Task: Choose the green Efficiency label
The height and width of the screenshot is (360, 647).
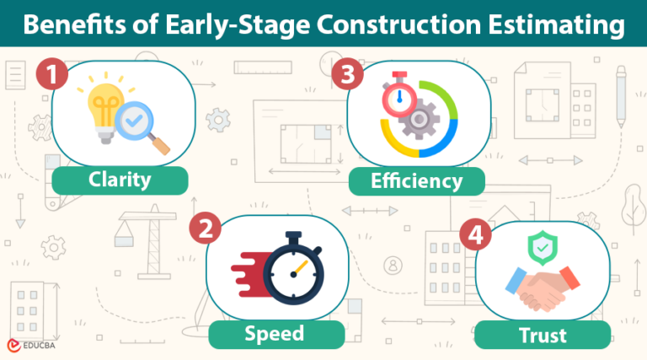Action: (x=417, y=180)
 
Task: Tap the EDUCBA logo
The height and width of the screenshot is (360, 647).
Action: (x=31, y=345)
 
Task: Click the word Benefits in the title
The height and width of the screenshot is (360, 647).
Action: (x=68, y=26)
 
